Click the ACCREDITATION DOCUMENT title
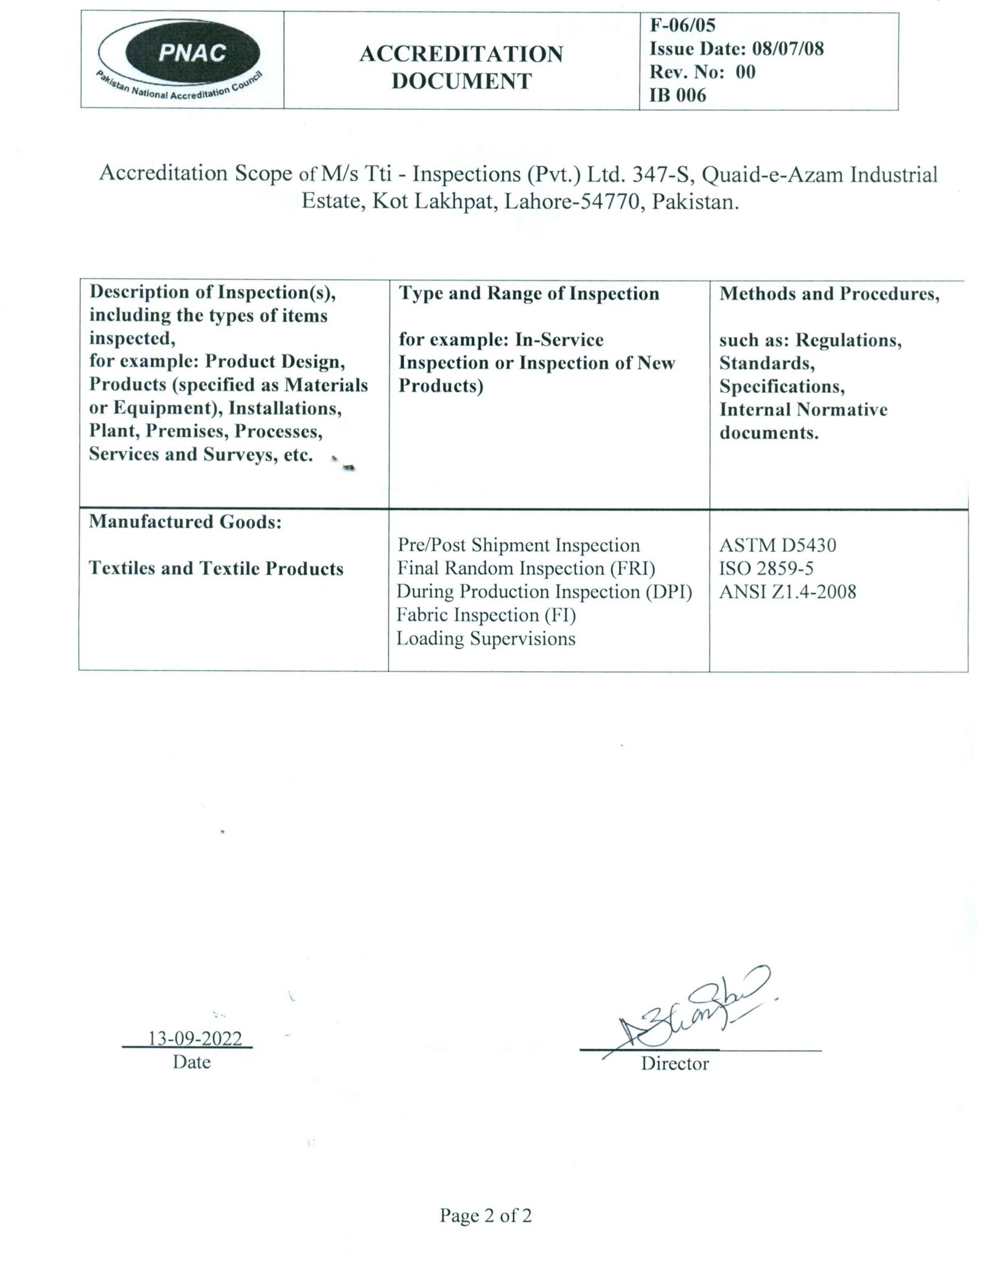click(x=461, y=67)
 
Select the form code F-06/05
click(x=683, y=25)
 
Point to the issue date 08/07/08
click(x=788, y=49)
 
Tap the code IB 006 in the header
click(x=678, y=95)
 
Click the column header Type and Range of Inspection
click(x=529, y=294)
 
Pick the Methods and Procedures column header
click(x=829, y=294)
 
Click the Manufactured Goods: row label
click(x=186, y=522)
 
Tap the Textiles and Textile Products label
click(x=216, y=569)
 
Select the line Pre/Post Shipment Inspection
click(x=518, y=545)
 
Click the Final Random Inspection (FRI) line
click(x=526, y=569)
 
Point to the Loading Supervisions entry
click(x=486, y=638)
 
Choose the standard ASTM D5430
click(x=777, y=545)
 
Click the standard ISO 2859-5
click(x=766, y=569)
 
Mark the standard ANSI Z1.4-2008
click(x=787, y=592)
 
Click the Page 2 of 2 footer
click(x=486, y=1215)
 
